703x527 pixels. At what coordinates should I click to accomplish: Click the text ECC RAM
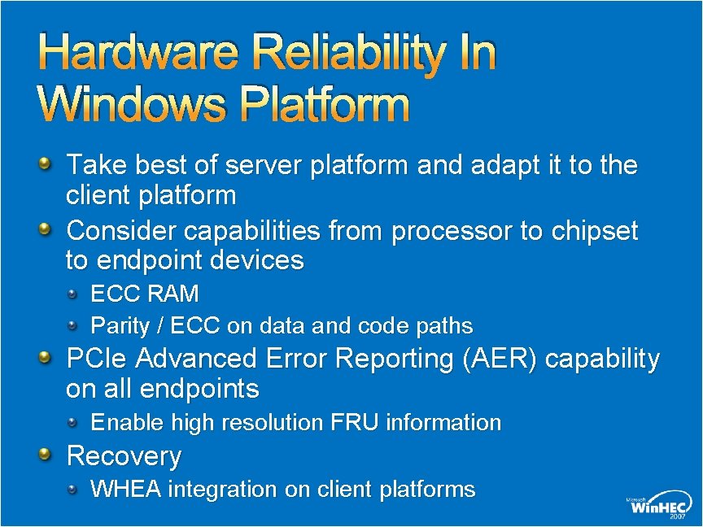tap(144, 293)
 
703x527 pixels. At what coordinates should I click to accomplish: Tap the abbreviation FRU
tap(355, 423)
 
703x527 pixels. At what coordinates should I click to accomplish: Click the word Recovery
tap(124, 456)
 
